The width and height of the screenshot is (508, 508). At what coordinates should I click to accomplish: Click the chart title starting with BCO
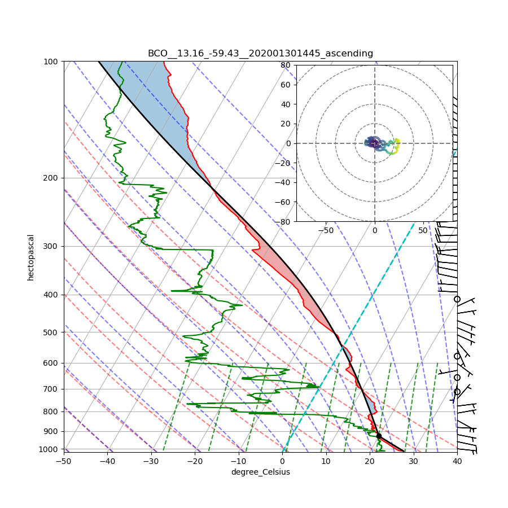point(260,54)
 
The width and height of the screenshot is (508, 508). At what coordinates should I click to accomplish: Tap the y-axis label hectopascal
point(31,257)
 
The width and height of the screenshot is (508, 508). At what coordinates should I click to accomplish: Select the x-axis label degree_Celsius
point(260,472)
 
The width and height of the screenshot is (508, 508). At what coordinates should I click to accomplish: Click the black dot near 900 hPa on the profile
point(379,436)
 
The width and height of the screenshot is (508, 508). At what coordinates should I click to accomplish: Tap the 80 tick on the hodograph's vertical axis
point(286,65)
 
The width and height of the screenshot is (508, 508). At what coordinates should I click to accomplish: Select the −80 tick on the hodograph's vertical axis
point(284,222)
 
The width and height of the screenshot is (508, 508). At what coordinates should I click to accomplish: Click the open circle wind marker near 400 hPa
point(457,299)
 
